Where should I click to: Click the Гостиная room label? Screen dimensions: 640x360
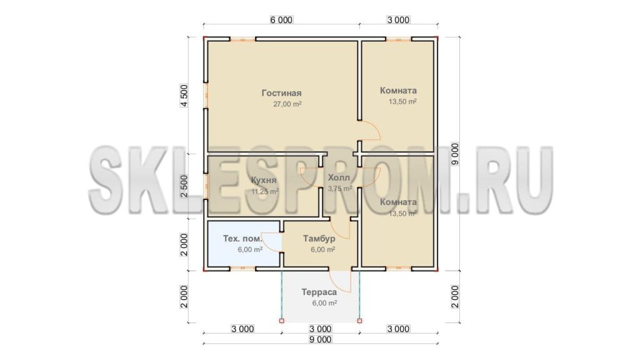(x=281, y=93)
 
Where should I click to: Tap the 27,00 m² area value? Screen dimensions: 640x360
(x=287, y=104)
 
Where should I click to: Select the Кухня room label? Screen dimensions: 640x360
(x=263, y=180)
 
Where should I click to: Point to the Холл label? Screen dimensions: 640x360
(x=339, y=178)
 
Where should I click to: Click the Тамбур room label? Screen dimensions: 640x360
(x=319, y=238)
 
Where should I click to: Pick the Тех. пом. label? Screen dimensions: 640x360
(x=242, y=238)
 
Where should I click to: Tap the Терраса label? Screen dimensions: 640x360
(x=319, y=292)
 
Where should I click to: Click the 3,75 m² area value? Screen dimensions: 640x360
(x=340, y=189)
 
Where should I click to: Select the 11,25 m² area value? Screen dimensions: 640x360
(x=265, y=191)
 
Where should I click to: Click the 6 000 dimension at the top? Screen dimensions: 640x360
(x=281, y=20)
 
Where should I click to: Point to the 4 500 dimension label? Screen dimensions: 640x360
(x=184, y=96)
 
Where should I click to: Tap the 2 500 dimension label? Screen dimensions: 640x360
(x=184, y=186)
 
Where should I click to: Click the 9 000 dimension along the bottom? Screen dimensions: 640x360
(x=320, y=339)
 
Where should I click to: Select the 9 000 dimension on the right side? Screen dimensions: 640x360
(x=455, y=154)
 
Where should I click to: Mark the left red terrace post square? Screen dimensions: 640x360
(x=282, y=321)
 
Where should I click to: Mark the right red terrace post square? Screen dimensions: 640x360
(x=359, y=321)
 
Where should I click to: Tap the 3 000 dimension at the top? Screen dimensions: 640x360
(x=398, y=20)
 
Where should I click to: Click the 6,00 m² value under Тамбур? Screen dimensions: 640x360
(x=323, y=249)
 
